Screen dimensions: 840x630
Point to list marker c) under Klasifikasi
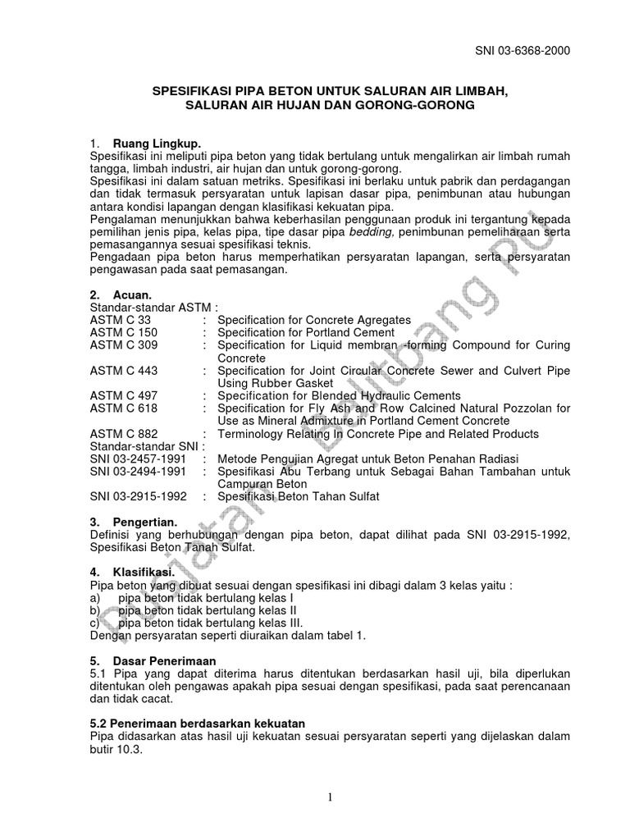click(x=95, y=622)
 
